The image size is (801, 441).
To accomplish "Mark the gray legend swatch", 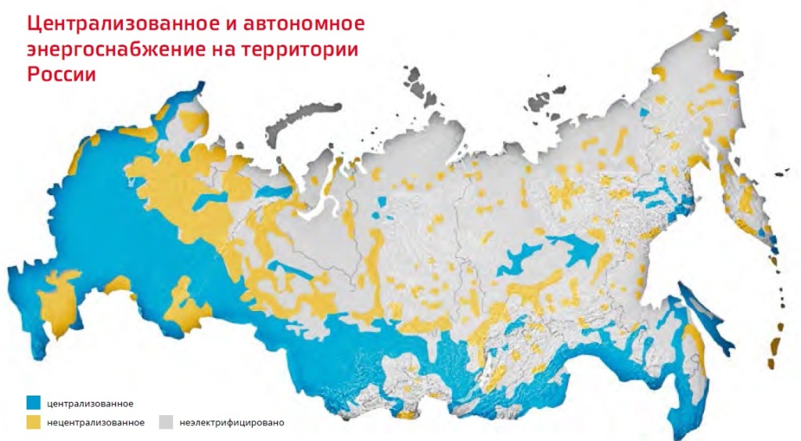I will pyautogui.click(x=165, y=422).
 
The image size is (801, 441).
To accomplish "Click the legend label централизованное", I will pyautogui.click(x=89, y=404).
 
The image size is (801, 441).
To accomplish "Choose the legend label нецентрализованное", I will pyautogui.click(x=95, y=423).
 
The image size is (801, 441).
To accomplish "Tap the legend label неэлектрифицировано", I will pyautogui.click(x=232, y=423).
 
